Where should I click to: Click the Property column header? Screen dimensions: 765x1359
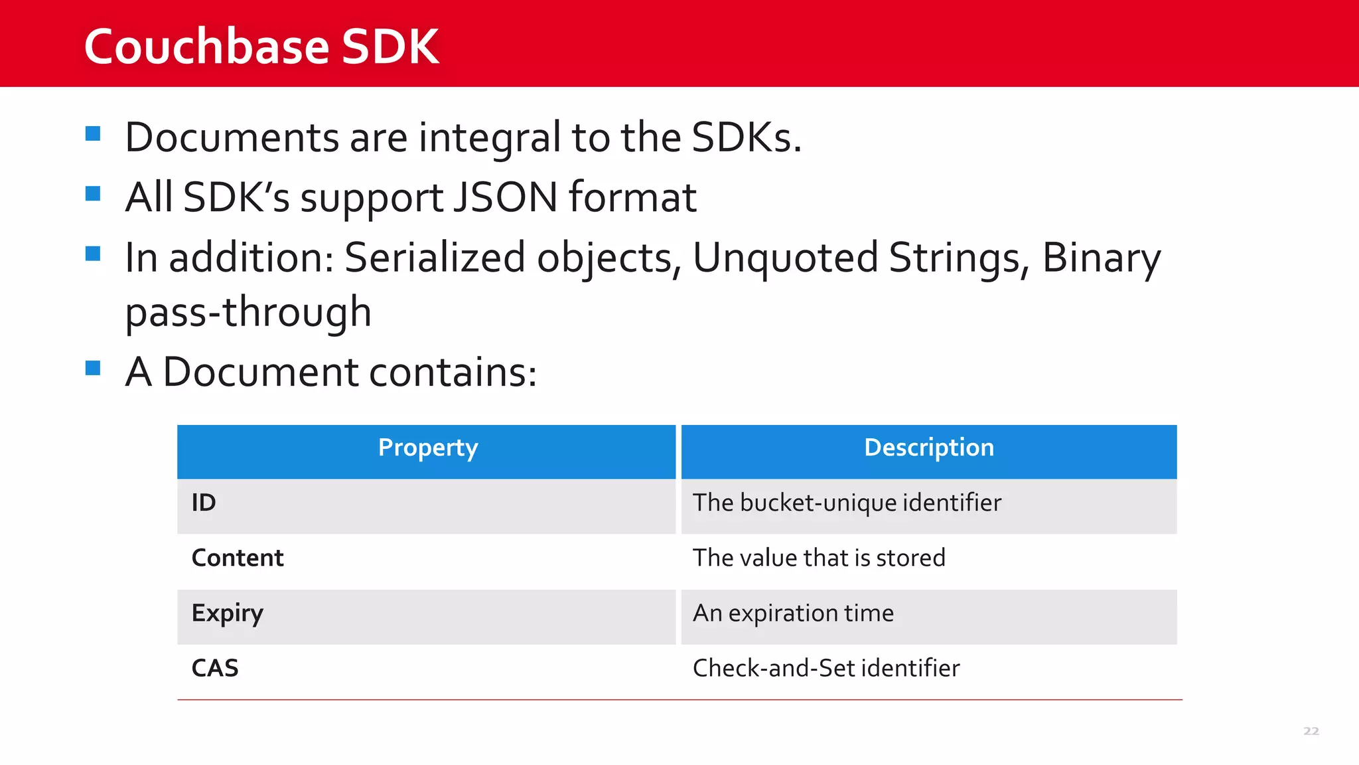coord(427,448)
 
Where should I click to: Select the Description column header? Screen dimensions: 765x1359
coord(928,448)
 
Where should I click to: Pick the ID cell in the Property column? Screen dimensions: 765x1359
coord(204,503)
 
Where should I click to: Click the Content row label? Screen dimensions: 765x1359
coord(237,558)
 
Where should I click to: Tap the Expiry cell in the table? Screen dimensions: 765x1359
coord(227,613)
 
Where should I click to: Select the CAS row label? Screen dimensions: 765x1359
coord(214,668)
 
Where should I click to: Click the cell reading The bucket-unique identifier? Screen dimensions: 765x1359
coord(846,503)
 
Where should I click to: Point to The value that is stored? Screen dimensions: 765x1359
coord(818,558)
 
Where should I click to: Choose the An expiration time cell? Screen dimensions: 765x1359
coord(793,613)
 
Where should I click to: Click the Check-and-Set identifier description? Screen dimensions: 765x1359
coord(825,668)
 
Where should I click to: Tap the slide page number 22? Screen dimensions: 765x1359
coord(1311,731)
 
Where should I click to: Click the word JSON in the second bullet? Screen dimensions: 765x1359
coord(506,197)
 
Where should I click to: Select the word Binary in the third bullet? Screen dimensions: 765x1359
coord(1101,258)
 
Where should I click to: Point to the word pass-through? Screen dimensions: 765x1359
coord(248,312)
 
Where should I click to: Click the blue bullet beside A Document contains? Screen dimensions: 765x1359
coord(93,368)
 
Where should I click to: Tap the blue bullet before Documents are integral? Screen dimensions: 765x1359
coord(93,134)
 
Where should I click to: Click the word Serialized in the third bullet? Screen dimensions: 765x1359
coord(435,258)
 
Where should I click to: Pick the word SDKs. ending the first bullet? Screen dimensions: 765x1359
coord(746,137)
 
